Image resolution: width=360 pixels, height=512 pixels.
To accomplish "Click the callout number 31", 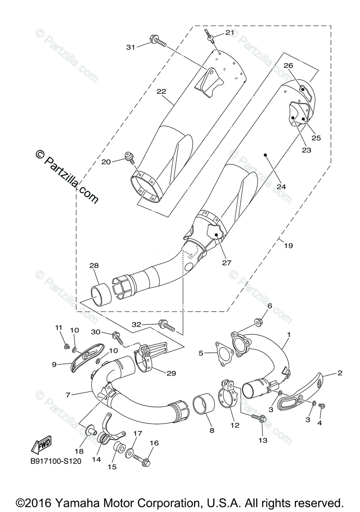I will click(x=131, y=47).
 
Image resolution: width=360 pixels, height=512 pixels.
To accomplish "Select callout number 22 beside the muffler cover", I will click(x=161, y=91).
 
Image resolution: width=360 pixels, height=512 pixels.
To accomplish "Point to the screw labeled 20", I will click(x=129, y=157).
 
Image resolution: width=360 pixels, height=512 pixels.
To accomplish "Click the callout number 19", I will click(x=289, y=245).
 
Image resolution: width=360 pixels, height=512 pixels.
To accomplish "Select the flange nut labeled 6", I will click(x=259, y=320).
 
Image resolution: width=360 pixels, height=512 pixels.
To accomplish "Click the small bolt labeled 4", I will click(x=322, y=405).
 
